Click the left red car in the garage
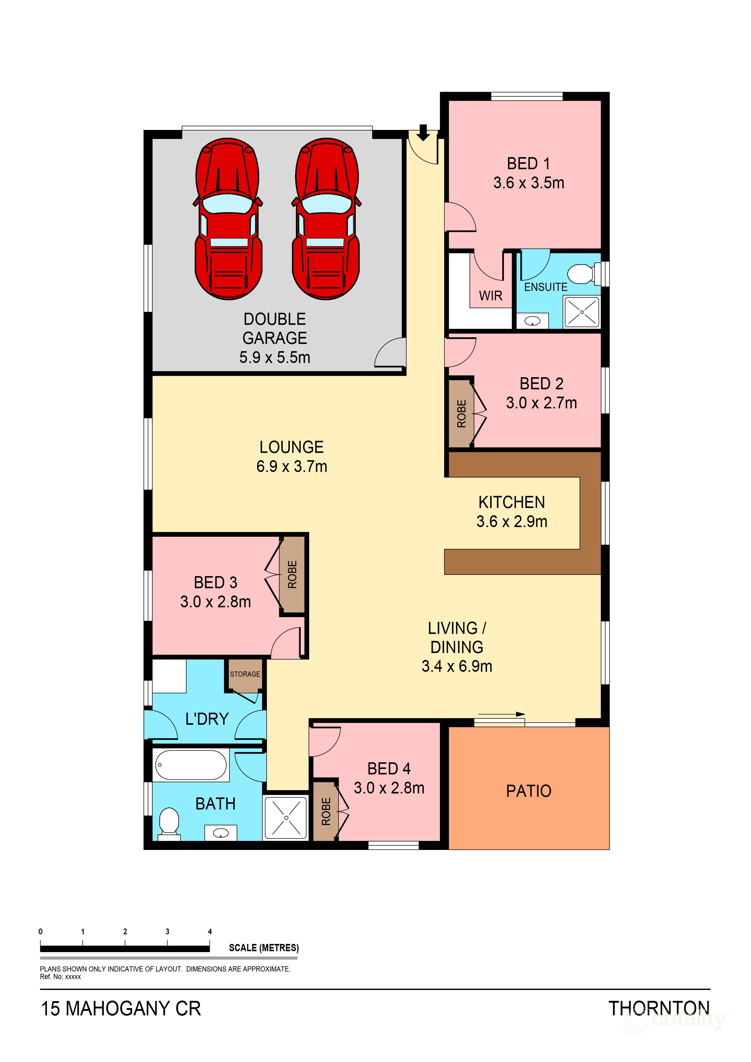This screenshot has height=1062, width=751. coord(228,219)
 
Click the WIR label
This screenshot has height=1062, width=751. coord(491,295)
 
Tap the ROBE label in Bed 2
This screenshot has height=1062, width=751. coord(461,414)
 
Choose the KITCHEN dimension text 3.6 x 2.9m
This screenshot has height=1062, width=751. coord(512,522)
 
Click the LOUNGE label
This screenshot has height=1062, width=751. coord(292,447)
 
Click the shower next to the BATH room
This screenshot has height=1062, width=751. coord(286,818)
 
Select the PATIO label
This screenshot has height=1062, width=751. coord(528,791)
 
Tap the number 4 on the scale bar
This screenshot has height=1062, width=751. coord(210,932)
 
